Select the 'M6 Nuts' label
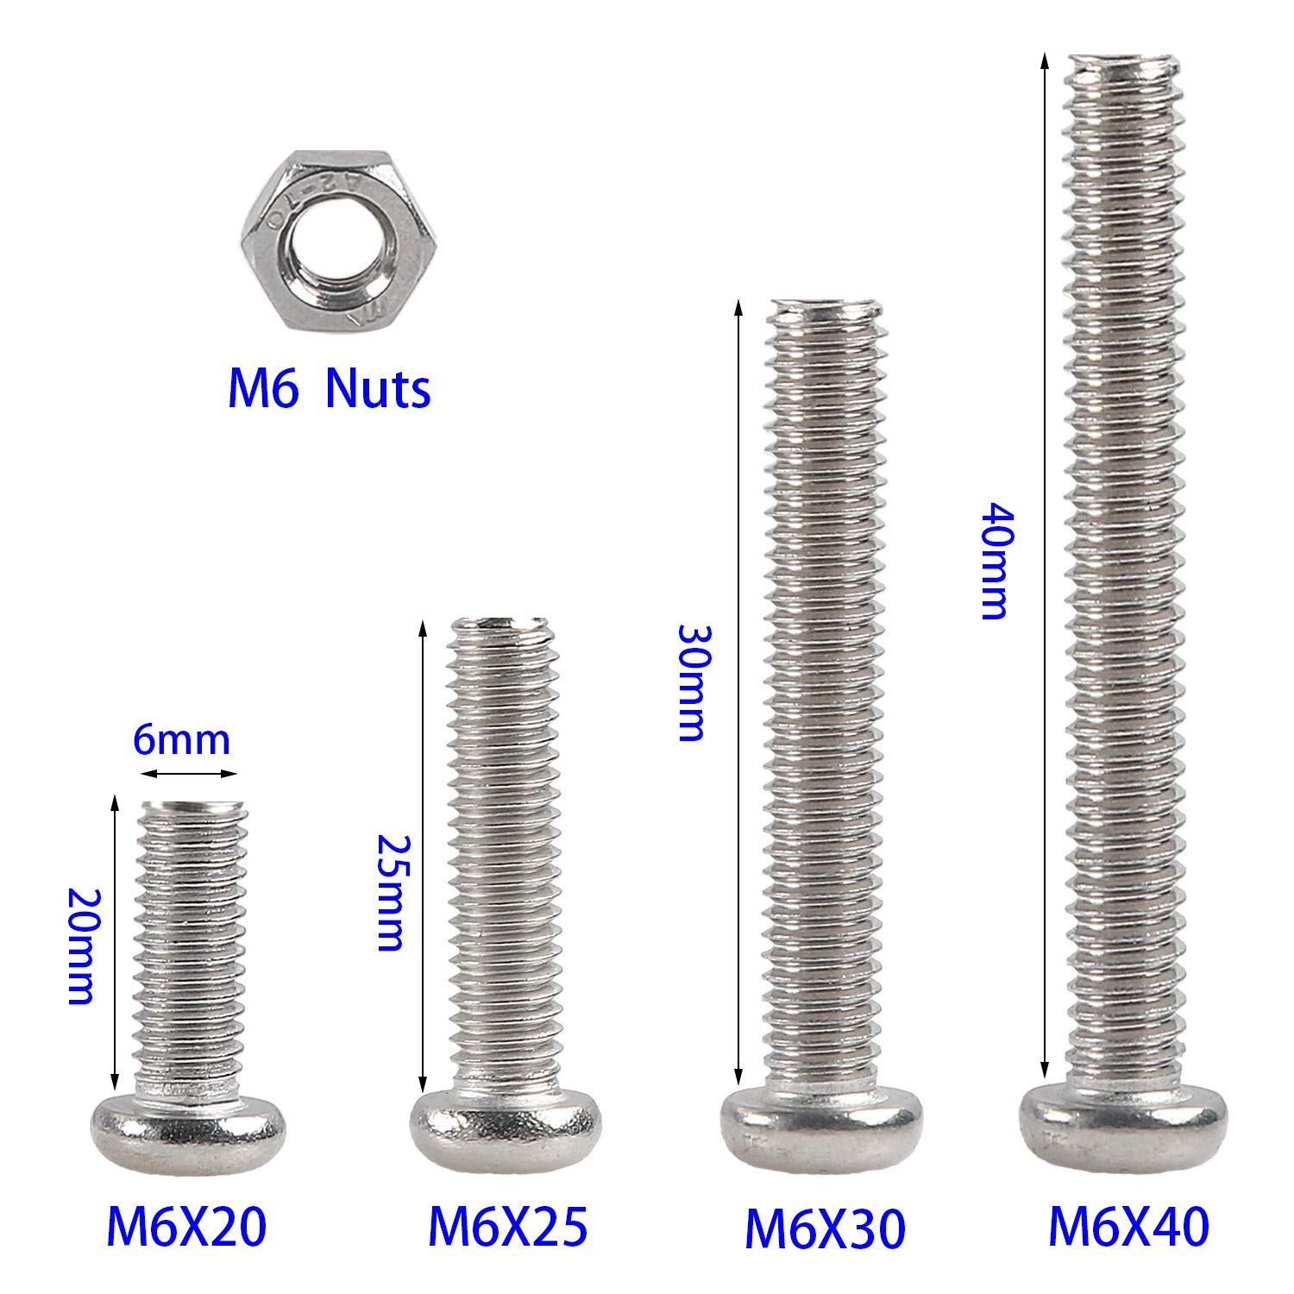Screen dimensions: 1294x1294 329,389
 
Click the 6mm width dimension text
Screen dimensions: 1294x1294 181,741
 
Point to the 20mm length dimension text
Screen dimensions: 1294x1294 80,945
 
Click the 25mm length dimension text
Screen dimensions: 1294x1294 390,892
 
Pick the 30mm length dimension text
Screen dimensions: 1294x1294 691,682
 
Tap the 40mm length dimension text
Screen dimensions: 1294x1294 993,561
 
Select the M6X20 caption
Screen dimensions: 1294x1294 186,1226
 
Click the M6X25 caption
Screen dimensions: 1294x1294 508,1226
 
